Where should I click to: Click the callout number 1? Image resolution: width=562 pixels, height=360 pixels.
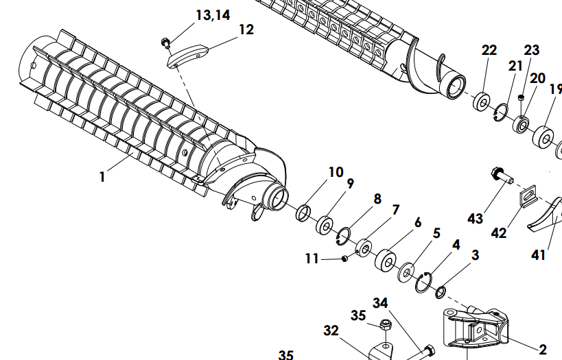102,177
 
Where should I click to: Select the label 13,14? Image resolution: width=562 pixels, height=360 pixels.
213,15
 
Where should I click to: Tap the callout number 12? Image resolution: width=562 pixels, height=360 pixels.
246,29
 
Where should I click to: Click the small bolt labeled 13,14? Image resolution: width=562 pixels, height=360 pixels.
165,43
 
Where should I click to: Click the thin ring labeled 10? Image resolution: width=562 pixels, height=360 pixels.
303,213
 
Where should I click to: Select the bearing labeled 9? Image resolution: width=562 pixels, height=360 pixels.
325,226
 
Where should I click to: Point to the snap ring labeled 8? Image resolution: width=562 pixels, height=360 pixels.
343,237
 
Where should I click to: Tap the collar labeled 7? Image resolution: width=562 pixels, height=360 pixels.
364,248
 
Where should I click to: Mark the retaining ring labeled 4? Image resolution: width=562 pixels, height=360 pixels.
424,283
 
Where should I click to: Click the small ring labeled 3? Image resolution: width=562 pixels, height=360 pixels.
441,292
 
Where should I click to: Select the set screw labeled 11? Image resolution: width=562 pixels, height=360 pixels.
344,259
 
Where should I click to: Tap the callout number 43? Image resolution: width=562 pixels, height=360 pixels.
476,218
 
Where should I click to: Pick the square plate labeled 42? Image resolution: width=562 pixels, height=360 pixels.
528,196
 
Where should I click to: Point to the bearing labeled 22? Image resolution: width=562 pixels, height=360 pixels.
482,102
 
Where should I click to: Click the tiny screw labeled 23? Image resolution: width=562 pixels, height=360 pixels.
521,97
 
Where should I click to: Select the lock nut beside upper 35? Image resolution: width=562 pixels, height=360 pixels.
386,324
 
